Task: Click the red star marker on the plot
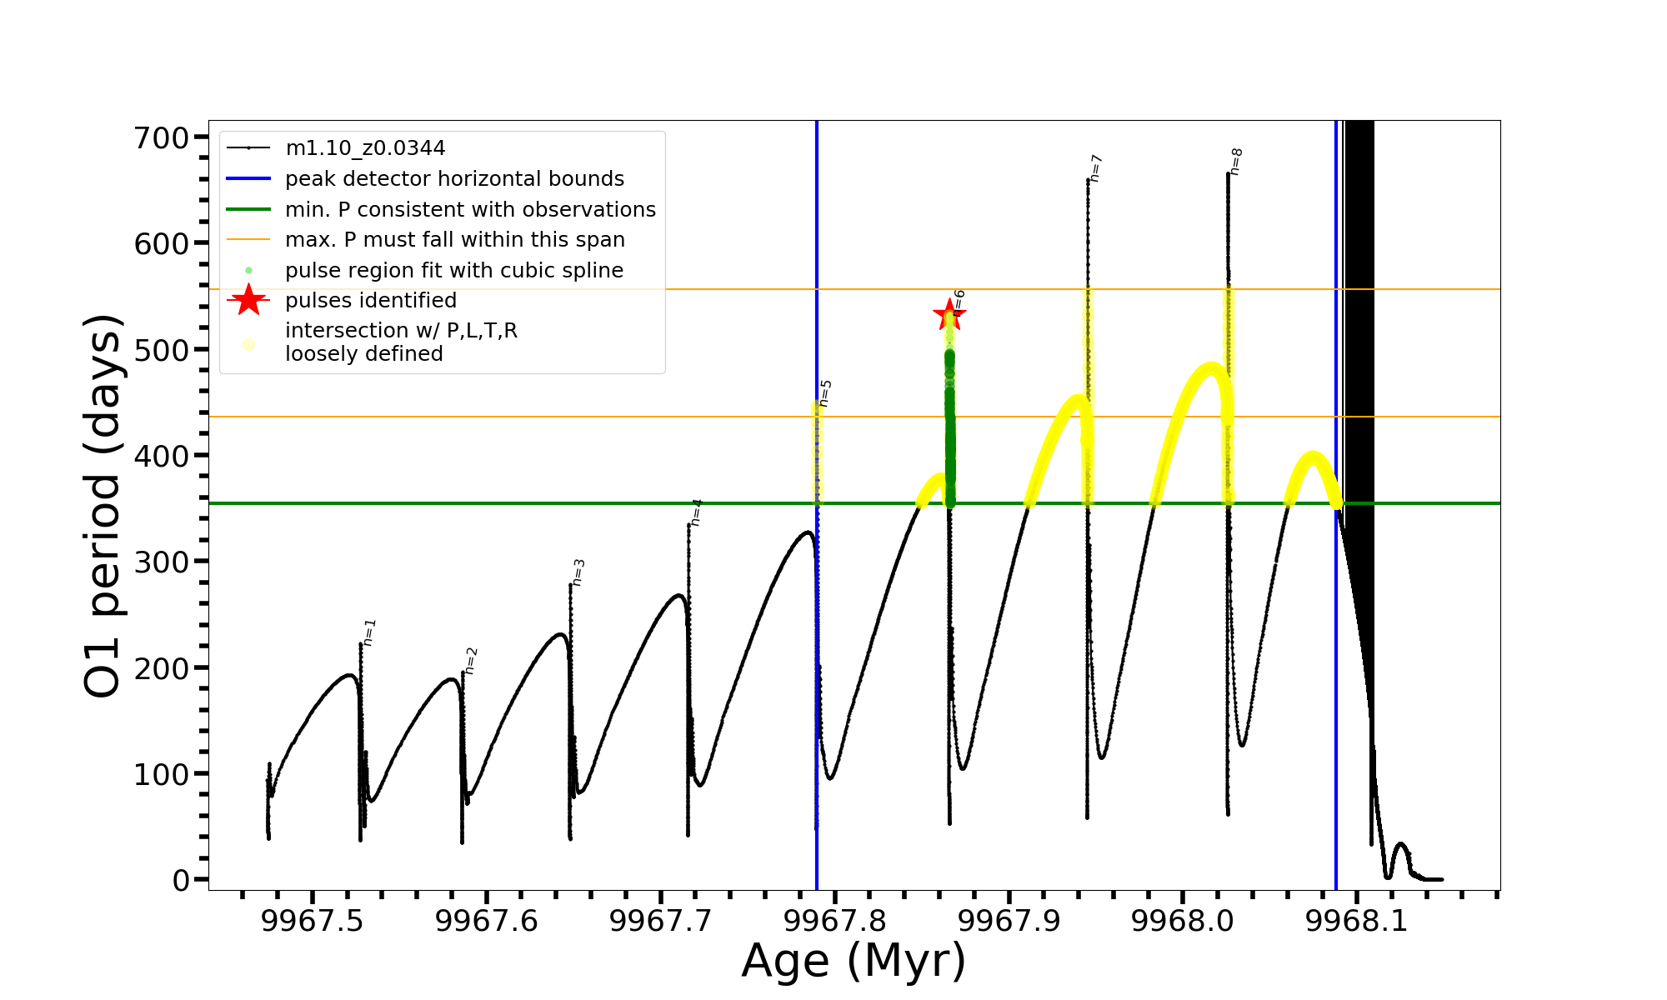pyautogui.click(x=949, y=315)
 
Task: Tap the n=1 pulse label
pyautogui.click(x=369, y=632)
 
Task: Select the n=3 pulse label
pyautogui.click(x=578, y=572)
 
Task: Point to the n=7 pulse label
pyautogui.click(x=1096, y=168)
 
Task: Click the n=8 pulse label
pyautogui.click(x=1236, y=162)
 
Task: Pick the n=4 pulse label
pyautogui.click(x=696, y=512)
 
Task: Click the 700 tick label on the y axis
pyautogui.click(x=162, y=137)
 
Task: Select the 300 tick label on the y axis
pyautogui.click(x=162, y=562)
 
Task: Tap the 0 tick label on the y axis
pyautogui.click(x=181, y=880)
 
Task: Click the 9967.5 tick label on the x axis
pyautogui.click(x=312, y=921)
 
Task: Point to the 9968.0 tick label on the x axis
pyautogui.click(x=1183, y=921)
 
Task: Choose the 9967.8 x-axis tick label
pyautogui.click(x=834, y=921)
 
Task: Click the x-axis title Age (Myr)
pyautogui.click(x=854, y=961)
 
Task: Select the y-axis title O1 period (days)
pyautogui.click(x=103, y=506)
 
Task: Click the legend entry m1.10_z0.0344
pyautogui.click(x=365, y=148)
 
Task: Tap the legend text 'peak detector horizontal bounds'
pyautogui.click(x=454, y=179)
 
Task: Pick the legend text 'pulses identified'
pyautogui.click(x=371, y=301)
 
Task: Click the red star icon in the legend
pyautogui.click(x=248, y=300)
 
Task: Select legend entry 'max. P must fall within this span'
pyautogui.click(x=454, y=240)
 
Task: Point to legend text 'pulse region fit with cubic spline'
pyautogui.click(x=454, y=271)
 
